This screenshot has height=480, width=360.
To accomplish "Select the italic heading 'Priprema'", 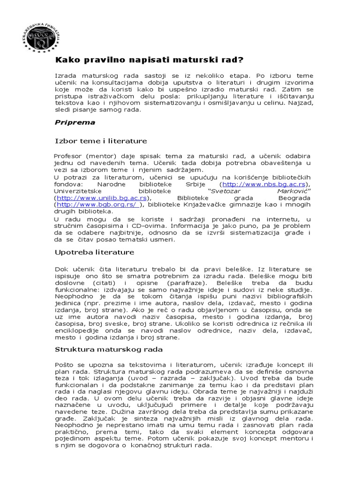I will point(75,123).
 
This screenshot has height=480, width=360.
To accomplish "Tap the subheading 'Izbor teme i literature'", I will point(101,141).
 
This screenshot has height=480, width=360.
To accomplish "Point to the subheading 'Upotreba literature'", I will point(95,252).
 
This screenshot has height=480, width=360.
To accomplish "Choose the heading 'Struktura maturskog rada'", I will point(109,349).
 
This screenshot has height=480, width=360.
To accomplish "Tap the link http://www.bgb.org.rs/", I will point(98,205).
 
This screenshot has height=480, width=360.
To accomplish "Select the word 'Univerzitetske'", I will point(78,191).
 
